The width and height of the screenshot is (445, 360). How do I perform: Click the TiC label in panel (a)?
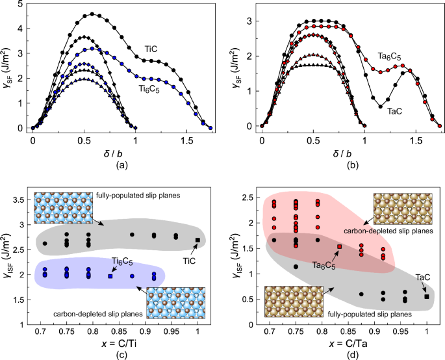coord(153,49)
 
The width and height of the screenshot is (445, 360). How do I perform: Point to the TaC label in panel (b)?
coord(394,111)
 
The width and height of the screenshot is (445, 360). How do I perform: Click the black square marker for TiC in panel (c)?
coord(197,240)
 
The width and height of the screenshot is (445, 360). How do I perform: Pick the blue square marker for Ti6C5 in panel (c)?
coord(110,276)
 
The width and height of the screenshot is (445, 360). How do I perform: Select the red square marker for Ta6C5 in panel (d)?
coord(339,246)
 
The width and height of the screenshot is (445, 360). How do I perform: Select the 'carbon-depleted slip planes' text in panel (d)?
coord(396,231)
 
